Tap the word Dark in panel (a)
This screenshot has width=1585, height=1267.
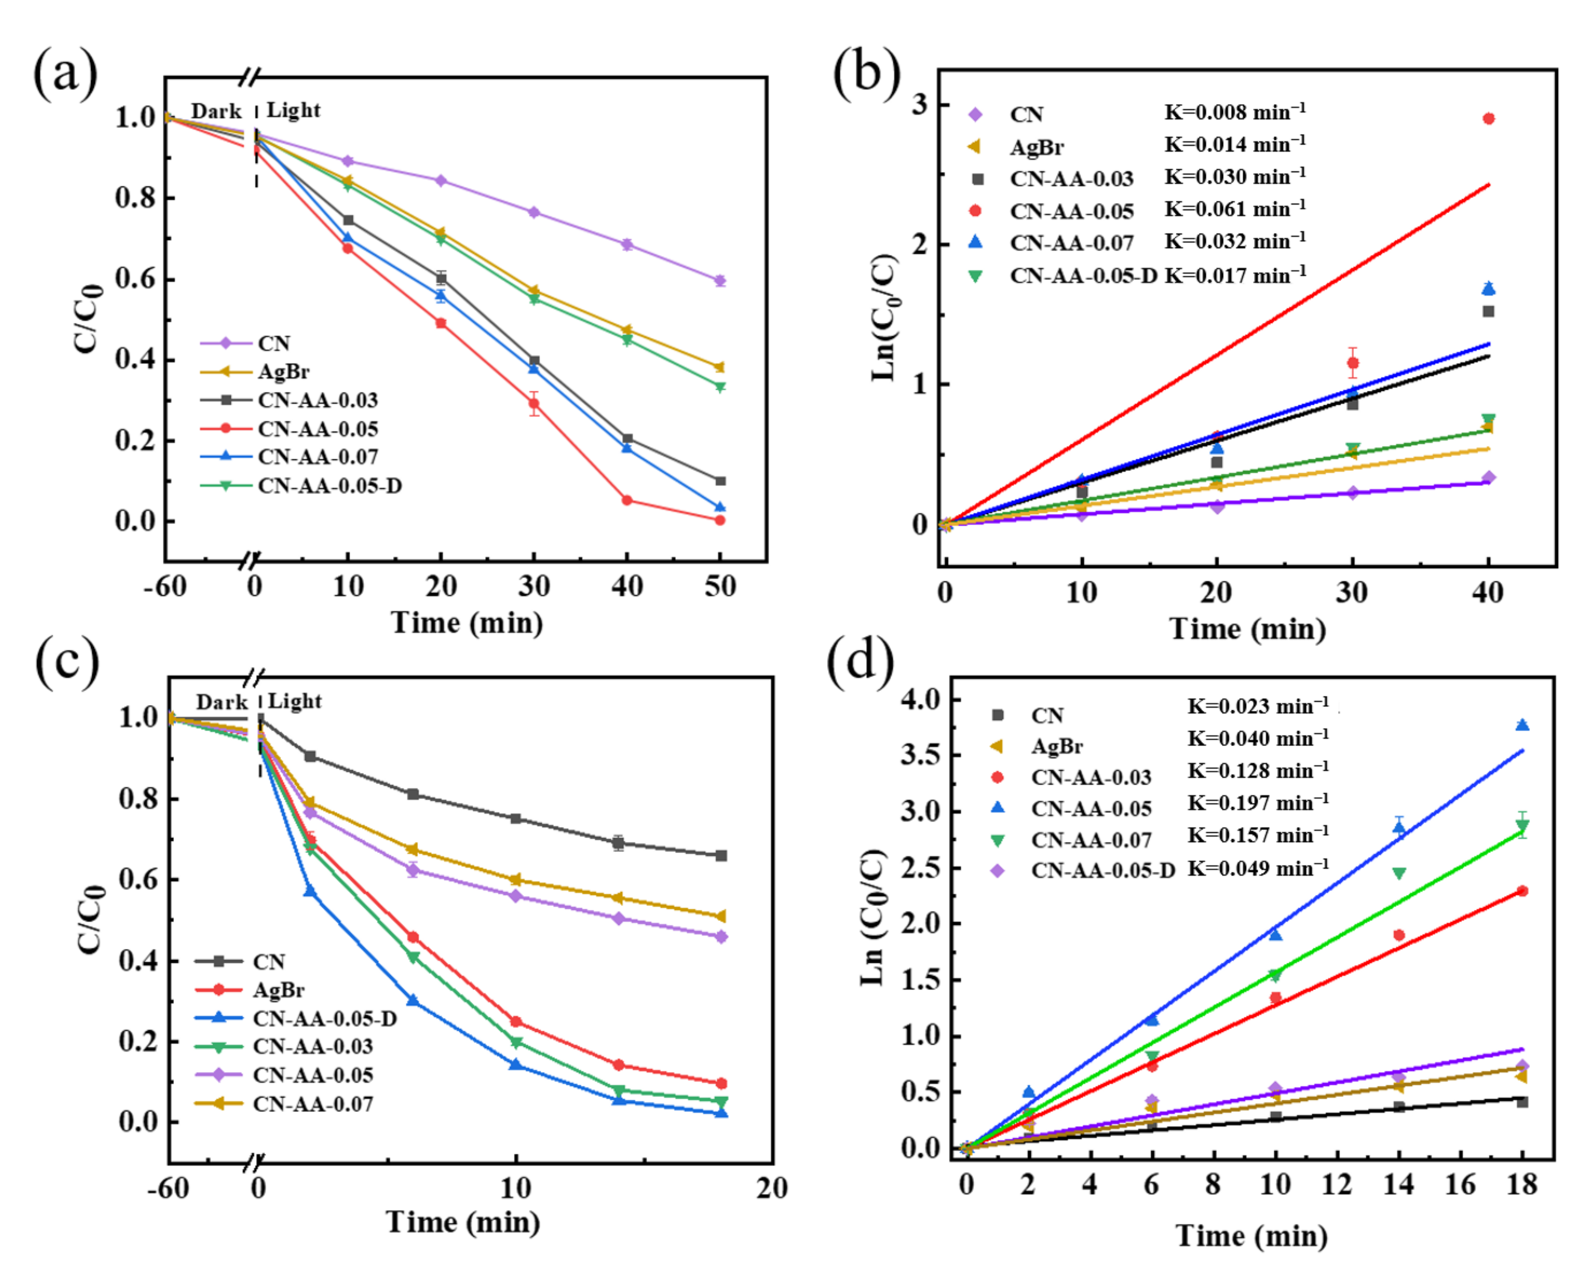point(215,111)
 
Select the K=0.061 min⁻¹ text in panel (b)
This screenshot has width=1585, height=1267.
point(1234,210)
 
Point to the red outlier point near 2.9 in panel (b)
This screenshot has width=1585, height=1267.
point(1489,119)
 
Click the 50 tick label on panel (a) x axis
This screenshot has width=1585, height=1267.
point(719,586)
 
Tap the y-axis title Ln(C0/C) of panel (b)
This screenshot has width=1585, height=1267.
point(884,318)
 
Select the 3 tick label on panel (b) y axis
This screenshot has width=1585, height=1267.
point(919,105)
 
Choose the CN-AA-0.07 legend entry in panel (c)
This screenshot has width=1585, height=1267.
point(312,1104)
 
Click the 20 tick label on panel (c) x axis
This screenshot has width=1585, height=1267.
point(771,1187)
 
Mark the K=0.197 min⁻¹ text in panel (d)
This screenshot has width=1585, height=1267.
point(1258,803)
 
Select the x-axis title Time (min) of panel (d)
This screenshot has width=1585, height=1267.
point(1251,1235)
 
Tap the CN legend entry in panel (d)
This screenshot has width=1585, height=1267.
point(1046,716)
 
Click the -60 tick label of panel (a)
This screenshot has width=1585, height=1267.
point(165,586)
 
